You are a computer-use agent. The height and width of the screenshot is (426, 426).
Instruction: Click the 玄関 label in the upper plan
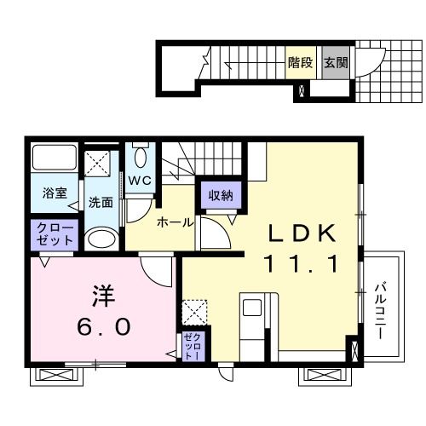pyautogui.click(x=336, y=62)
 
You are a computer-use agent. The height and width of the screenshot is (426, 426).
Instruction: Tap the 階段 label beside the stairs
pyautogui.click(x=299, y=62)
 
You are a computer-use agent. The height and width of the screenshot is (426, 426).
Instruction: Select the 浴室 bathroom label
pyautogui.click(x=55, y=193)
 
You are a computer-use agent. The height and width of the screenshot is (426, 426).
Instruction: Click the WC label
pyautogui.click(x=139, y=181)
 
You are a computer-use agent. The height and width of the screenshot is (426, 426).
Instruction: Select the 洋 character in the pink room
pyautogui.click(x=101, y=295)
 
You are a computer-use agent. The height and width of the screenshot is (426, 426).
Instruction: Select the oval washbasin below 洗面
pyautogui.click(x=101, y=238)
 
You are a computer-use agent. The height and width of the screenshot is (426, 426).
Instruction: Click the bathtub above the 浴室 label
pyautogui.click(x=54, y=160)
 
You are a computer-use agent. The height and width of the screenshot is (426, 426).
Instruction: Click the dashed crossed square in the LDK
pyautogui.click(x=195, y=312)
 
